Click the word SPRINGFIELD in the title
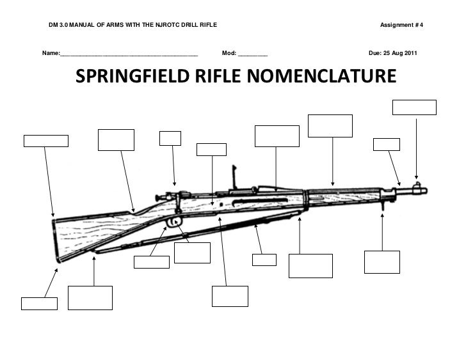coord(129,77)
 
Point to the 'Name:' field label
coord(50,52)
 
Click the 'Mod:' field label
coord(229,52)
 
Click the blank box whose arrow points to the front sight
coord(414,107)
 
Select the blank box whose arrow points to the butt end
coord(46,141)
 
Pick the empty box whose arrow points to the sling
coord(264,260)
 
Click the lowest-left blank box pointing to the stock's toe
coord(39,303)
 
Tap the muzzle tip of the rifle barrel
coord(426,190)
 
